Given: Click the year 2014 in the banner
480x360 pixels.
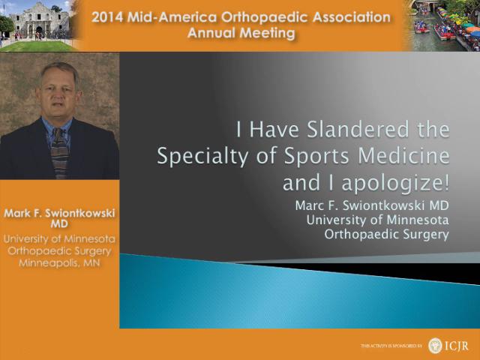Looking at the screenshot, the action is pyautogui.click(x=107, y=17).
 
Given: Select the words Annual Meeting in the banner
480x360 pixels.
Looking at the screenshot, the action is pyautogui.click(x=241, y=33).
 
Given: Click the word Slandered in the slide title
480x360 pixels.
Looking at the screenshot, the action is pyautogui.click(x=357, y=129).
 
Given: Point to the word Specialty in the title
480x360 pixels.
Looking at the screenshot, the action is pyautogui.click(x=202, y=156).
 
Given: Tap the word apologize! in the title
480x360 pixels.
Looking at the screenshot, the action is pyautogui.click(x=395, y=183).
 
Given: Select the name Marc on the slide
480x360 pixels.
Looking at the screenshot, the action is pyautogui.click(x=308, y=205).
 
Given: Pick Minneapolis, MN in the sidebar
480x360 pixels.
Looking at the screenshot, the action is pyautogui.click(x=59, y=263).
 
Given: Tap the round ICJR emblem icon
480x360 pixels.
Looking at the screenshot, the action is pyautogui.click(x=435, y=346).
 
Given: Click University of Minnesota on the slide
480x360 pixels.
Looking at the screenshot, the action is pyautogui.click(x=378, y=220).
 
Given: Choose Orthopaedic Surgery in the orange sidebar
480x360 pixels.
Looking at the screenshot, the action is pyautogui.click(x=59, y=251).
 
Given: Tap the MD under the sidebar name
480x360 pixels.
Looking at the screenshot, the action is pyautogui.click(x=59, y=224).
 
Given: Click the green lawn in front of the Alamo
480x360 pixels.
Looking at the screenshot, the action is pyautogui.click(x=36, y=46).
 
